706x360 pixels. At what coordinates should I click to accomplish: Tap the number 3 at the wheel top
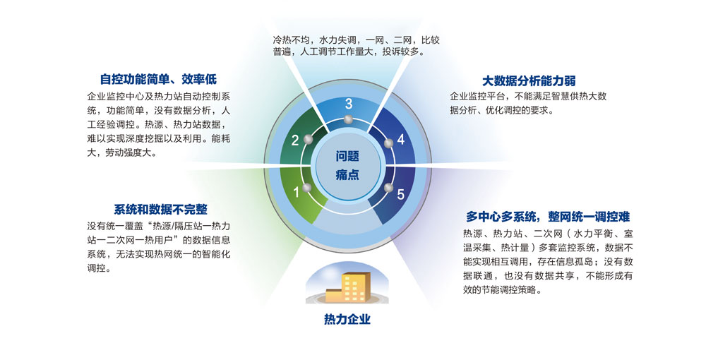coord(348,104)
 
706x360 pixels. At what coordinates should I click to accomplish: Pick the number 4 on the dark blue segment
coord(400,140)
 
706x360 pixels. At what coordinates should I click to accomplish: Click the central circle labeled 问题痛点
coord(347,165)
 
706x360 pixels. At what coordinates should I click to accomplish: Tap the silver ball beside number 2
coord(307,140)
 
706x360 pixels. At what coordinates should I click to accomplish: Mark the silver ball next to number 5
coord(388,188)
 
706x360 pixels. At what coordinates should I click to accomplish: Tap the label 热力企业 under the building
coord(347,320)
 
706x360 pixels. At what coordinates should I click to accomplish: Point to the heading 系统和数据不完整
coord(160,209)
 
